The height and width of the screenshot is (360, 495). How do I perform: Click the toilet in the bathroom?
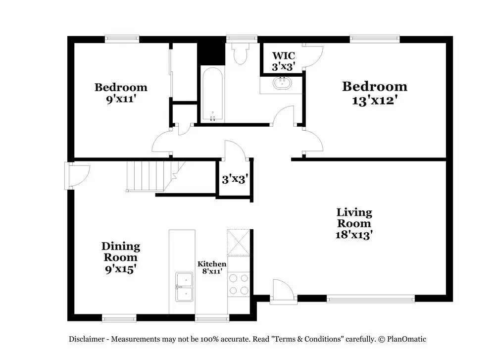pos(241,53)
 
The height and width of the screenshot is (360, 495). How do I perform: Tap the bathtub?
pos(213,94)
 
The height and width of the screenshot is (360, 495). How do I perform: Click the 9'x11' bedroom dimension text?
pos(121,98)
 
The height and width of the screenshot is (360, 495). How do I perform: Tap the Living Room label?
pos(354,218)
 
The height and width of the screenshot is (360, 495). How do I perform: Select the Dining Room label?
pos(121,252)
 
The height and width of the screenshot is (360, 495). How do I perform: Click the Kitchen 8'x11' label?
pos(212,267)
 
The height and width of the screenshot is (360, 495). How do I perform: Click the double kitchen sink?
pos(184,287)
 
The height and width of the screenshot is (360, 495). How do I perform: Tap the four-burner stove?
pos(239,284)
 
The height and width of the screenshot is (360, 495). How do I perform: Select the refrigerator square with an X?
pos(239,242)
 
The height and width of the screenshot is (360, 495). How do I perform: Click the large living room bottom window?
pos(370,299)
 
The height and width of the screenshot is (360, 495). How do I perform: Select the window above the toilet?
pos(242,38)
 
